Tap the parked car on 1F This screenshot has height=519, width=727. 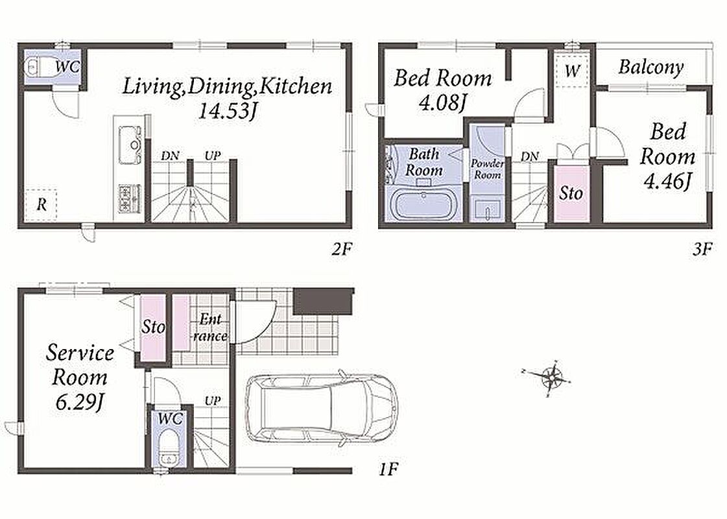(x=321, y=408)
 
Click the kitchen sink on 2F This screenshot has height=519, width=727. (x=130, y=144)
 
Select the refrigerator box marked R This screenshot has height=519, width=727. (x=41, y=204)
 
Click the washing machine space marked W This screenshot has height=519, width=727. (x=572, y=70)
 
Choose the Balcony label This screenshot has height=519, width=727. (x=651, y=67)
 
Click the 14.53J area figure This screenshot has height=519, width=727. (x=227, y=112)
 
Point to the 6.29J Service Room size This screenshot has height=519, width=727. (x=79, y=402)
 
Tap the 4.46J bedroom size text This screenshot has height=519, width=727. (x=667, y=181)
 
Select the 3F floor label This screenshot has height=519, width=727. (x=702, y=250)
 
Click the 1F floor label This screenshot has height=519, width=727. (x=388, y=470)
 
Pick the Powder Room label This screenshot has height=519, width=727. (x=487, y=169)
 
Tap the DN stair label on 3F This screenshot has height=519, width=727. (x=529, y=157)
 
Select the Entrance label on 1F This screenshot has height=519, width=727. (x=210, y=327)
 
